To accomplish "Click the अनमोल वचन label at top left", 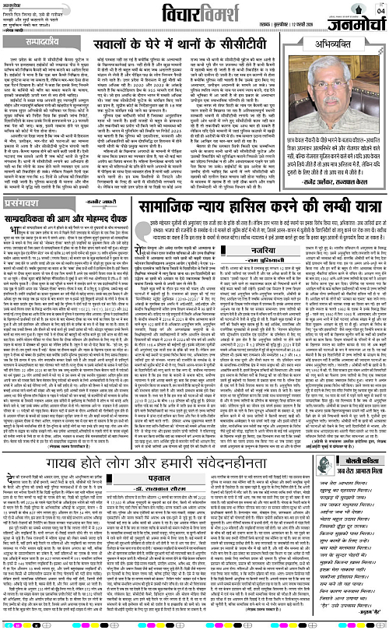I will (x=13, y=3).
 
